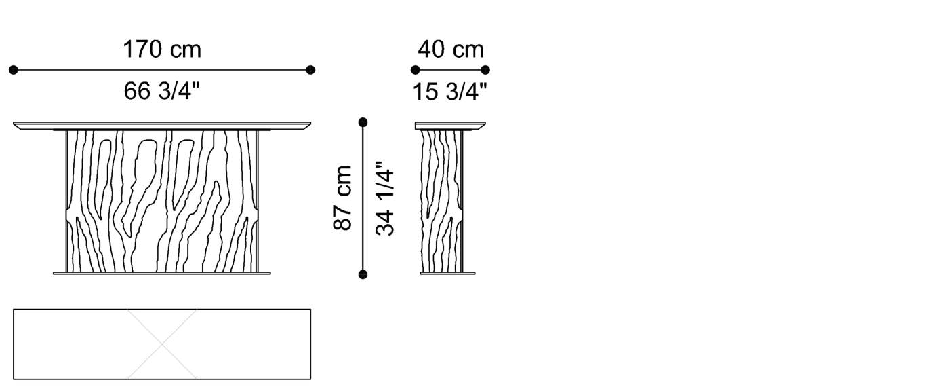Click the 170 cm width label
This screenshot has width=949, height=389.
point(162,49)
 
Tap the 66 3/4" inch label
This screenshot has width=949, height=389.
point(161,91)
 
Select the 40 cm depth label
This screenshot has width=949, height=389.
point(451,49)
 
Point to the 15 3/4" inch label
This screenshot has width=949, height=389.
point(450,92)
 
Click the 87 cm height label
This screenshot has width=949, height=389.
point(342,198)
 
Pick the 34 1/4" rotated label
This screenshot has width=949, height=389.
point(385,198)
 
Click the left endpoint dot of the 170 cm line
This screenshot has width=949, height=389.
point(14,69)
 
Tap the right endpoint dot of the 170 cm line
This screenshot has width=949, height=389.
point(310,69)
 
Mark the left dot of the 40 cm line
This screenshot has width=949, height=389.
point(415,69)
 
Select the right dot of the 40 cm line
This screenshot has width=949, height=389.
point(485,69)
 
